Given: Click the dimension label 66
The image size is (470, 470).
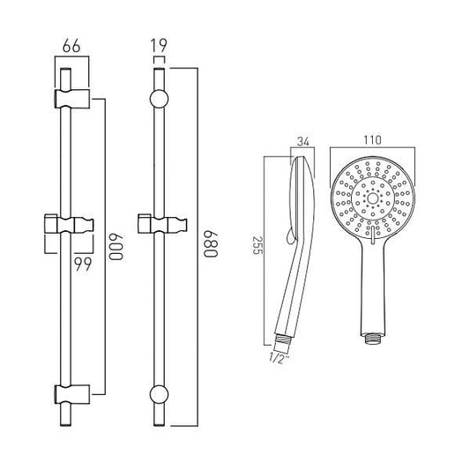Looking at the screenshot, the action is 71,46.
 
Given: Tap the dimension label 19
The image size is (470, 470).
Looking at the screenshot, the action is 159,46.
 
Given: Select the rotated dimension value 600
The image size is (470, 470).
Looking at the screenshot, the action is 116,246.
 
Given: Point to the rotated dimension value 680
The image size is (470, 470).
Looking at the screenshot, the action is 210,244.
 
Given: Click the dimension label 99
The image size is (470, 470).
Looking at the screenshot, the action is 83,265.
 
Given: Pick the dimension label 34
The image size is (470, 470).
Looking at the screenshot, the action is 302,141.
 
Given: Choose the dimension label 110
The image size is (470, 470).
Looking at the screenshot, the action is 372,140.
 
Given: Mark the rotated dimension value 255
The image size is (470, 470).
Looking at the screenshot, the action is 257,245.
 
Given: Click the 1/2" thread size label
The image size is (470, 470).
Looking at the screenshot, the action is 280,358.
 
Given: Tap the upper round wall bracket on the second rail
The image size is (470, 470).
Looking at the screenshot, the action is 159,99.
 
